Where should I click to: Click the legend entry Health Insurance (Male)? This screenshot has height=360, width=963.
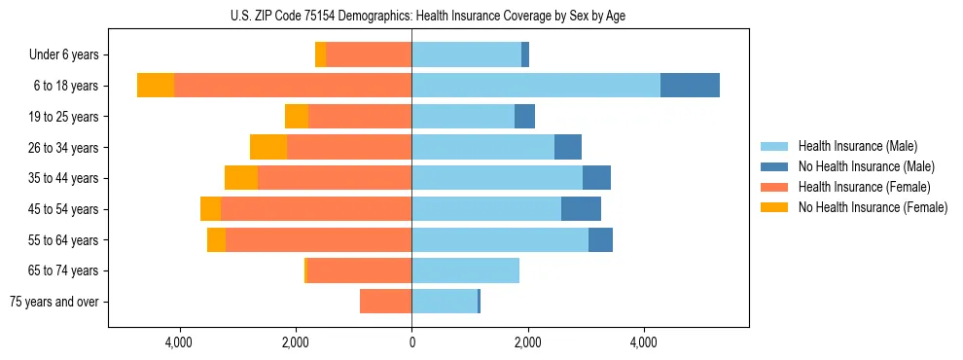pos(856,146)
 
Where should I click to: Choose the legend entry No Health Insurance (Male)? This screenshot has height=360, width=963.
pos(865,166)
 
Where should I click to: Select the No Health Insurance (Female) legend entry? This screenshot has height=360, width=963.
pos(873,207)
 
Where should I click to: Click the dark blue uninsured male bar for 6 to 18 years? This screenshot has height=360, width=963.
pos(690,86)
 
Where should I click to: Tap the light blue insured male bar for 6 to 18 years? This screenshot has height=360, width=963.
pos(536,86)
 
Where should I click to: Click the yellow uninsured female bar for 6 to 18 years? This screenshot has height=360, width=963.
pos(156,86)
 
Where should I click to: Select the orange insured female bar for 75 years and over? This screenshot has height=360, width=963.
pos(385,302)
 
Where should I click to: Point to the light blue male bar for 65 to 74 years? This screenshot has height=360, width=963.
pos(465,270)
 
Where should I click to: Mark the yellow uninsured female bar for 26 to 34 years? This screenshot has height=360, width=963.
pos(268,147)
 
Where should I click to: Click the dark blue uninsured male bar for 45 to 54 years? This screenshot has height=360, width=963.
pos(581,209)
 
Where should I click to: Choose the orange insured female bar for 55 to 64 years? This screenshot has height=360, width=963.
pos(318,239)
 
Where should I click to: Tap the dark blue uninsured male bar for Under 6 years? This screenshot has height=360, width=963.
pos(525,54)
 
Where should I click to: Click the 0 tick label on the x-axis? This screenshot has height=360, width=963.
pos(411,342)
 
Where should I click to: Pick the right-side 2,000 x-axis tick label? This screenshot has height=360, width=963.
pos(527,342)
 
